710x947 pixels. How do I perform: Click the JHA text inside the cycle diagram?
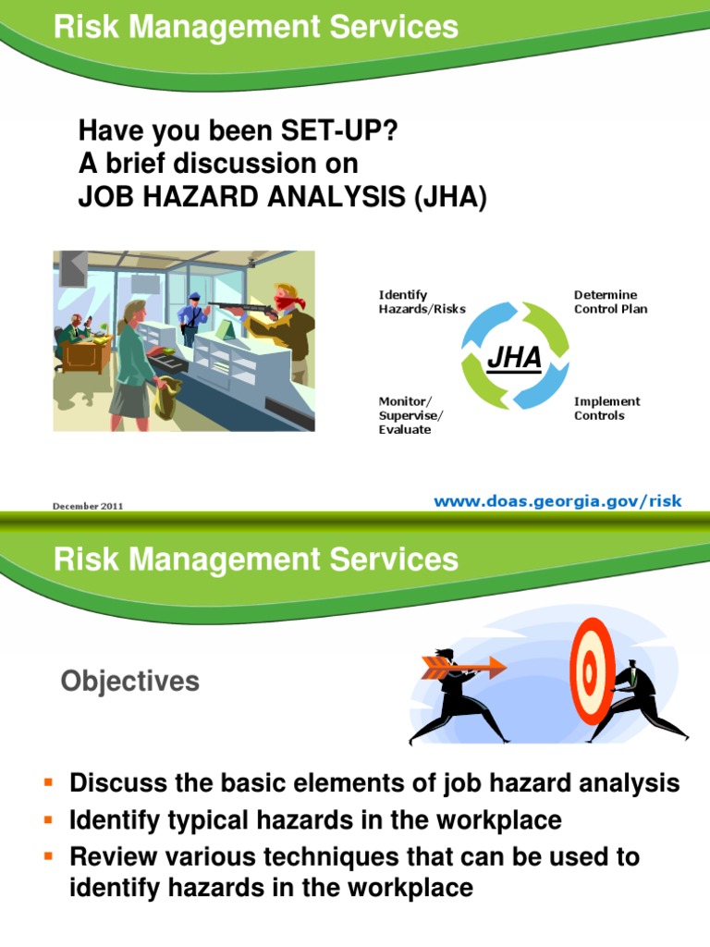pos(515,357)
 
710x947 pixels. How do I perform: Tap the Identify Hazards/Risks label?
pos(422,301)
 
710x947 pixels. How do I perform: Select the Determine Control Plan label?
pos(610,301)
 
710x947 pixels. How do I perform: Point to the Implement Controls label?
pos(606,409)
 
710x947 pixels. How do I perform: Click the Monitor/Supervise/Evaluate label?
pos(410,415)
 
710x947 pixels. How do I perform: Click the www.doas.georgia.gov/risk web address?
pos(557,501)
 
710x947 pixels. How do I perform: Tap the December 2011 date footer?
pos(88,506)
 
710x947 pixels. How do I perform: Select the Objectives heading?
pos(129,682)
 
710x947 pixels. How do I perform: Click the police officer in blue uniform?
pos(193,319)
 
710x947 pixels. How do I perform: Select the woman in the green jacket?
pos(133,356)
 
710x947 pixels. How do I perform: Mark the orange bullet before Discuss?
pos(50,784)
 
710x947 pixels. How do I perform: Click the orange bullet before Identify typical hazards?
pos(50,820)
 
